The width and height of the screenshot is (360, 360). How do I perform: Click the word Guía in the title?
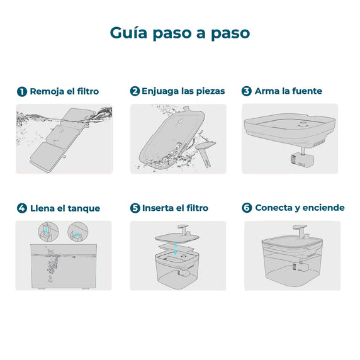(x=130, y=33)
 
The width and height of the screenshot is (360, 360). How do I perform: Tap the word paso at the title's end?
(x=228, y=33)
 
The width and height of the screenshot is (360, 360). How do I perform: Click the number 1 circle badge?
(x=21, y=91)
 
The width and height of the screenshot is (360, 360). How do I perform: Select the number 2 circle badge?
(x=135, y=91)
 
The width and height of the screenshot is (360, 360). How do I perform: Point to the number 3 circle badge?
(x=247, y=91)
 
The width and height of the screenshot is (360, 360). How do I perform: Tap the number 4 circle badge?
(x=21, y=208)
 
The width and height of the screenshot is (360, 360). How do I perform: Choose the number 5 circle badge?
(x=135, y=208)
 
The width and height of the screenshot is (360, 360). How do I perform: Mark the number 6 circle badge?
(x=247, y=208)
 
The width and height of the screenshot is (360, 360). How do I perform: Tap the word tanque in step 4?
(x=83, y=208)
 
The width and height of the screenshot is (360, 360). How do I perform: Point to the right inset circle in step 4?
(x=77, y=232)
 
